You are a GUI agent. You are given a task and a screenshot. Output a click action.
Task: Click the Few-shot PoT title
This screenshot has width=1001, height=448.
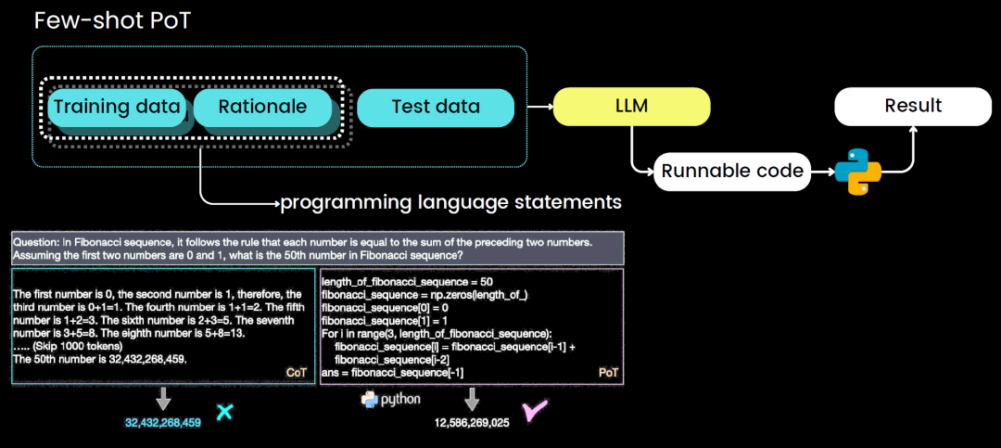(112, 20)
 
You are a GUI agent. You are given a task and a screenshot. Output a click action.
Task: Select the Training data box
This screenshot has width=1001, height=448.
(116, 107)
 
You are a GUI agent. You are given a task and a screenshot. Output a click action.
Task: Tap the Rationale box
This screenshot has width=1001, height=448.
(261, 107)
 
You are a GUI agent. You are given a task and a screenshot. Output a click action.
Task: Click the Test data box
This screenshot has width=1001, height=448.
(436, 107)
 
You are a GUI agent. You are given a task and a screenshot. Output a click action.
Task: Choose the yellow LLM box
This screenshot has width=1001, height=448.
(631, 107)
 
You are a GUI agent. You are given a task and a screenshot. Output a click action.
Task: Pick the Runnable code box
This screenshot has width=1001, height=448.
(731, 171)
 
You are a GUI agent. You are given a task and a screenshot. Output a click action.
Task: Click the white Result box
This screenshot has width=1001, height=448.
(913, 106)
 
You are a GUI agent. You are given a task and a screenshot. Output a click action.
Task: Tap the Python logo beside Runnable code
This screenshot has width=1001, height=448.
(857, 171)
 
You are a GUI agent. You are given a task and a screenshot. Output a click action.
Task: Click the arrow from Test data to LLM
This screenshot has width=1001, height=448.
(539, 108)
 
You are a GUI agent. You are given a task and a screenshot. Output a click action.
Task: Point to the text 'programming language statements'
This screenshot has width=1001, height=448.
(450, 201)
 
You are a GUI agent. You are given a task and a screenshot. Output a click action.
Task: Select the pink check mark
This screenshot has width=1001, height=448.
(535, 412)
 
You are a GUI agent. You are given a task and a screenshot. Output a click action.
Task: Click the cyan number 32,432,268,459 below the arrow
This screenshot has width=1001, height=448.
(163, 423)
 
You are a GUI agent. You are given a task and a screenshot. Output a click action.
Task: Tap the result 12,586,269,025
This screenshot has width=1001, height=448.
(472, 423)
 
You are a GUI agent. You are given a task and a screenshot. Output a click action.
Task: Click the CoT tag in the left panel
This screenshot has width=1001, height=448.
(297, 372)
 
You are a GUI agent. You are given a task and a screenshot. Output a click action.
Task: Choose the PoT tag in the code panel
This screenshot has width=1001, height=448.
(609, 372)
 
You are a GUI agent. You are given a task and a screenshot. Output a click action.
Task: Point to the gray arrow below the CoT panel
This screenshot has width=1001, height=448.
(163, 399)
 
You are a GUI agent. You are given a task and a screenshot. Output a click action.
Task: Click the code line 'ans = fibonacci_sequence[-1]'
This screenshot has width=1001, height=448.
(392, 372)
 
